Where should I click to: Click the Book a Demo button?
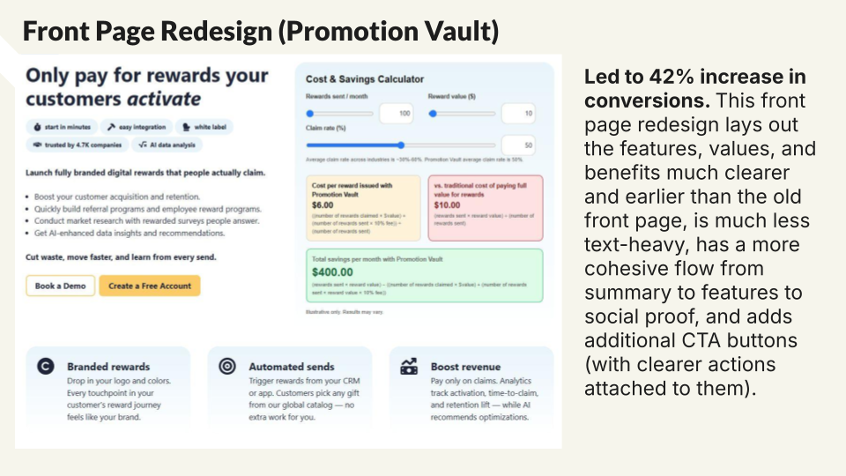59,286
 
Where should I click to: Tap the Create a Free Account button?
149,286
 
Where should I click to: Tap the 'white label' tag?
203,127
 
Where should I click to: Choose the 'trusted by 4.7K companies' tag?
75,145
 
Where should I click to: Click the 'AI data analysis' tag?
167,145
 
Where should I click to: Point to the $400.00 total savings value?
331,273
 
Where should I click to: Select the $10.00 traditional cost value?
448,205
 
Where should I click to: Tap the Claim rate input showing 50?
517,145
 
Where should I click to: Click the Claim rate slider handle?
401,145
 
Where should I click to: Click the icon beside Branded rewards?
46,366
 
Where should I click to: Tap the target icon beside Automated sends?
226,366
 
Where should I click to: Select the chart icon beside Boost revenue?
409,366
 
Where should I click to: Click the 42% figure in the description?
671,77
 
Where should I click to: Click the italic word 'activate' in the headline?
163,99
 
